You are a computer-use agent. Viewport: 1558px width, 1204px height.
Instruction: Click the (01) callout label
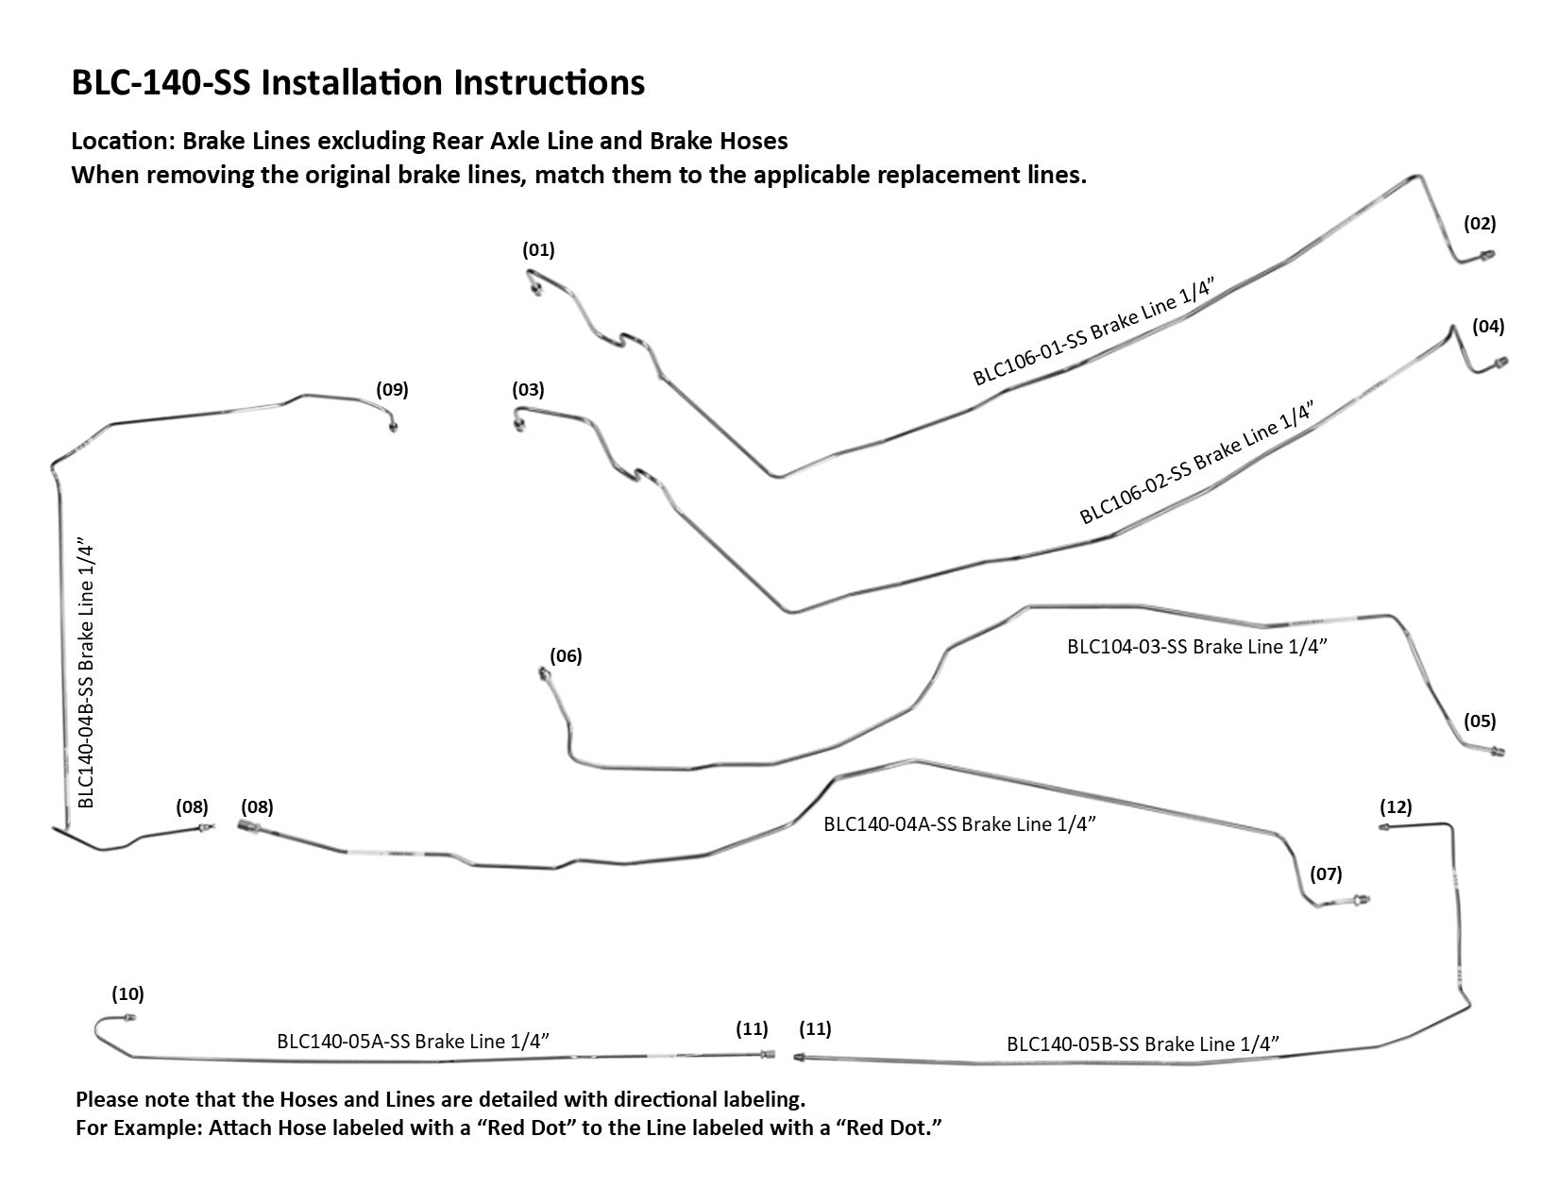[x=538, y=250]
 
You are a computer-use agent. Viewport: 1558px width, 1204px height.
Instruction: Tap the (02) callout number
[x=1480, y=224]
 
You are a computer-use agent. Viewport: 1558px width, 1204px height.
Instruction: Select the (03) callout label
[x=529, y=389]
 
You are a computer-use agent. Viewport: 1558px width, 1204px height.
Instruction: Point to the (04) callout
[x=1488, y=327]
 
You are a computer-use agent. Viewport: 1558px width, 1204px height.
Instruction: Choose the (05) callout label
[x=1480, y=721]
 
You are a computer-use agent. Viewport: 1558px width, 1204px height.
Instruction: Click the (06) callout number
[x=566, y=655]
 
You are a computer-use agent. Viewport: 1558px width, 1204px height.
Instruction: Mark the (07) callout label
[x=1325, y=873]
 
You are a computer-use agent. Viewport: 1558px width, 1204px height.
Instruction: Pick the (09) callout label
[x=392, y=388]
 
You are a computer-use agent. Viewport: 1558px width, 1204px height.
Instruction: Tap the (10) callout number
[x=127, y=993]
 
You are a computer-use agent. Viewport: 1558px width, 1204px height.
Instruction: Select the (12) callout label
[x=1396, y=806]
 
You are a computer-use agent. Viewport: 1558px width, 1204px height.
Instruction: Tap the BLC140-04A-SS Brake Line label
[x=958, y=823]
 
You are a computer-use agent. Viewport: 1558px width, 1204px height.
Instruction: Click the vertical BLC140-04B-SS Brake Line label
[x=86, y=675]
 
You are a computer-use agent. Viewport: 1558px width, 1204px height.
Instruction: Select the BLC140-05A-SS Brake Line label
[x=414, y=1042]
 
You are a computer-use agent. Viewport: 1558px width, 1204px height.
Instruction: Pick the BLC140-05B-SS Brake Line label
[x=1143, y=1043]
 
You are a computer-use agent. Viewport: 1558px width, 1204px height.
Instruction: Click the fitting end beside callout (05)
[x=1498, y=753]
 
